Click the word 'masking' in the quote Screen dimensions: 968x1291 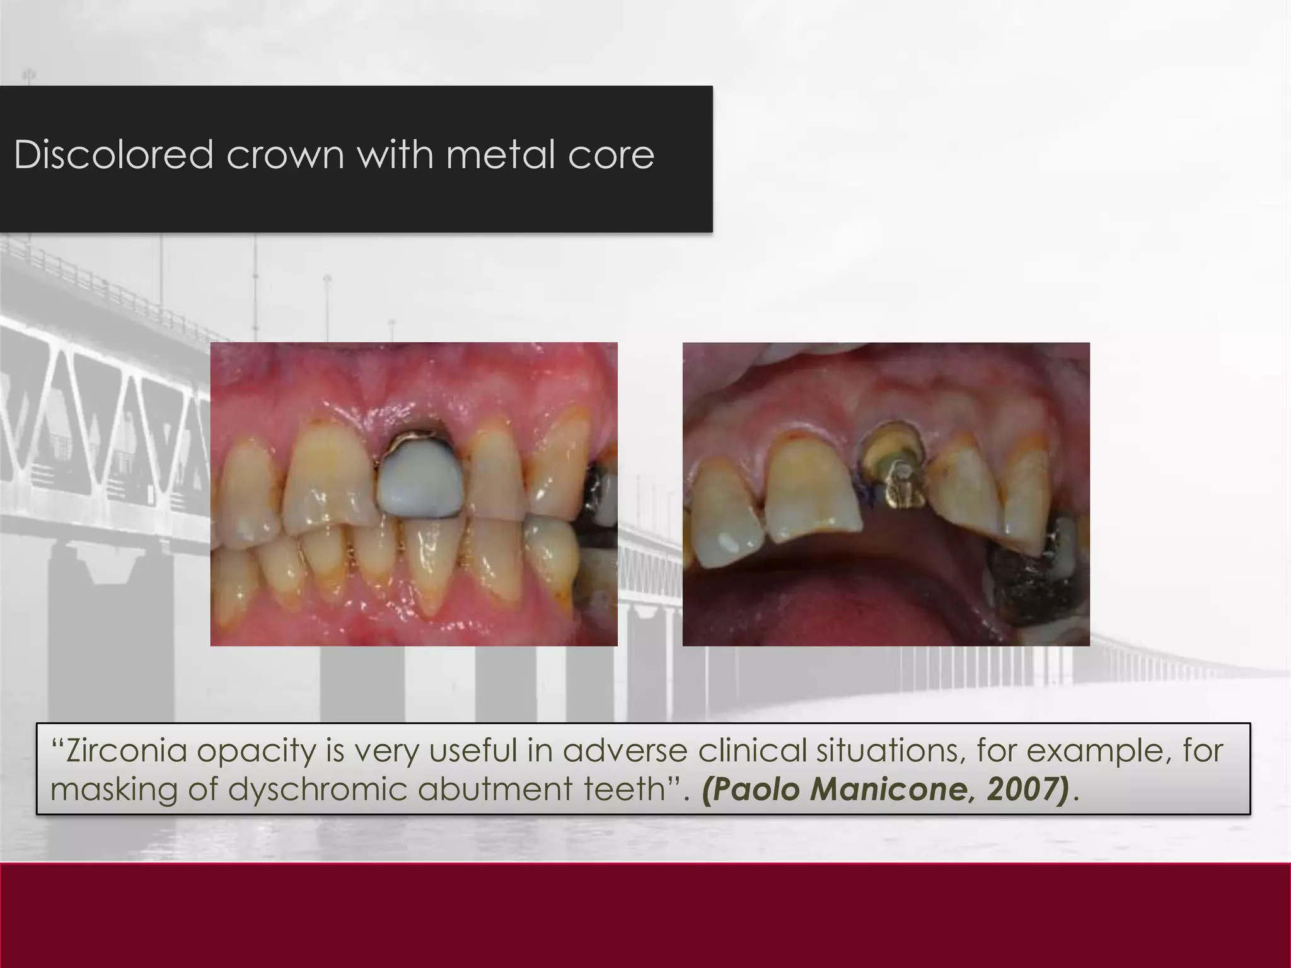(x=114, y=790)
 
